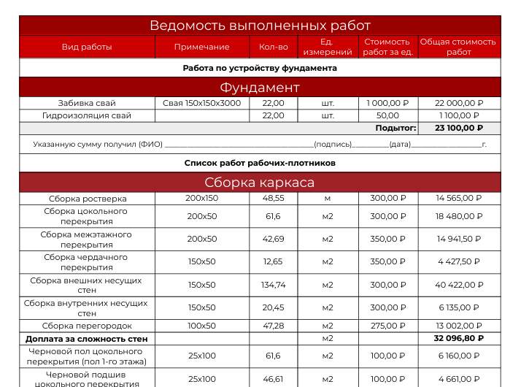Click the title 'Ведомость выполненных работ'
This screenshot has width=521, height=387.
(x=260, y=26)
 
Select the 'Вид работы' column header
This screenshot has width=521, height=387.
(x=87, y=47)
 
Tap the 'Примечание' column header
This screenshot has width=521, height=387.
(x=201, y=47)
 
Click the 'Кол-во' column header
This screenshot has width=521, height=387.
(x=273, y=47)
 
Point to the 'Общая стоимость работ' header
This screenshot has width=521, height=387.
(x=458, y=47)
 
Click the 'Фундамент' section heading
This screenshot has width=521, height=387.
(x=260, y=88)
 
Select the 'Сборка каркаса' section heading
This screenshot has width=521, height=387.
(x=260, y=183)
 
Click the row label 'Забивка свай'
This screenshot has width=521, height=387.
(x=87, y=104)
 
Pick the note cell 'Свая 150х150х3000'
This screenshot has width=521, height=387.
(x=201, y=104)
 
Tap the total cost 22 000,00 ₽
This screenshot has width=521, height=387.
(x=459, y=104)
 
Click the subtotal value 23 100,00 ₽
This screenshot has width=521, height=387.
(x=459, y=128)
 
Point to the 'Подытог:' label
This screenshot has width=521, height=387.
(x=395, y=128)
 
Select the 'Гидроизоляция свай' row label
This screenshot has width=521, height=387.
(x=87, y=115)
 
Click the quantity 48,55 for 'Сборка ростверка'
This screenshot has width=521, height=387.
(x=273, y=198)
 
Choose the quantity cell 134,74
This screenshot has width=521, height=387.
(x=273, y=285)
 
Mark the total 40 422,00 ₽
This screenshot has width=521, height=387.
(x=459, y=285)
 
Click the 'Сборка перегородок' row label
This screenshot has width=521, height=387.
(x=87, y=326)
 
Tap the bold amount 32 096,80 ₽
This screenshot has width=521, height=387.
(x=459, y=339)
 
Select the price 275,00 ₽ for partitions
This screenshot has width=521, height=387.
(x=387, y=326)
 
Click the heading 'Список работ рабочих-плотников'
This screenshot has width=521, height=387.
(x=260, y=163)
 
